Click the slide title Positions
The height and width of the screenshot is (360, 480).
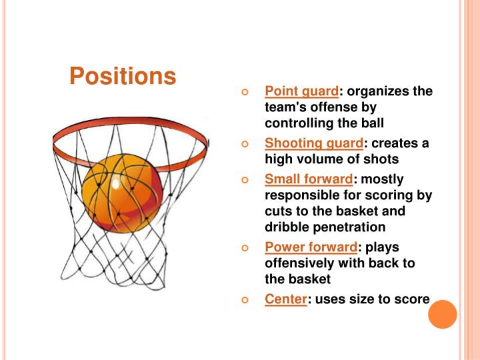[123, 76]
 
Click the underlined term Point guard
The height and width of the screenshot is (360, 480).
[301, 91]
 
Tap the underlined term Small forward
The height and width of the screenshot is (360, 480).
[309, 179]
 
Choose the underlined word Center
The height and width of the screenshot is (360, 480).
[285, 299]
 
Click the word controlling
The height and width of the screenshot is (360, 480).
[301, 123]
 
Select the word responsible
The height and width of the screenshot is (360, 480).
[304, 195]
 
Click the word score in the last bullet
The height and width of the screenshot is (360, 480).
[413, 299]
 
